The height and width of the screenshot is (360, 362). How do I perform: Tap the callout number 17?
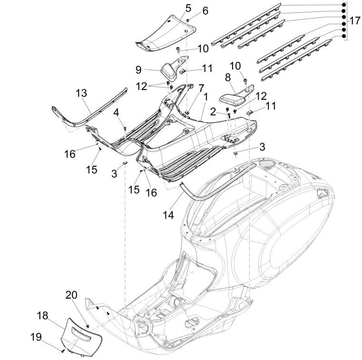pos(355,21)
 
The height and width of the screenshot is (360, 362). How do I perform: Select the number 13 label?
pos(81,93)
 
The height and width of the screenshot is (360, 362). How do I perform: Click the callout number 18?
pos(43,315)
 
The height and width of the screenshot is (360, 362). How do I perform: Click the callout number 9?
pos(138,69)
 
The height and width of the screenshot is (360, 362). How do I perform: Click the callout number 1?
pos(205,97)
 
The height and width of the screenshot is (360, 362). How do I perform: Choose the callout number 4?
pos(116,113)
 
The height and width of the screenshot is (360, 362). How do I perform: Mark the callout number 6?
pos(205,10)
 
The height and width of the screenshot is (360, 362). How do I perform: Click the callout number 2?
pos(213,111)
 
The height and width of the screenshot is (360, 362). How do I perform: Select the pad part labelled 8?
pos(233,98)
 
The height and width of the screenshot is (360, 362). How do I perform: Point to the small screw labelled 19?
pos(62,351)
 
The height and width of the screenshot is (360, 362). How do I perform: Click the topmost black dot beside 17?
pos(343,4)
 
